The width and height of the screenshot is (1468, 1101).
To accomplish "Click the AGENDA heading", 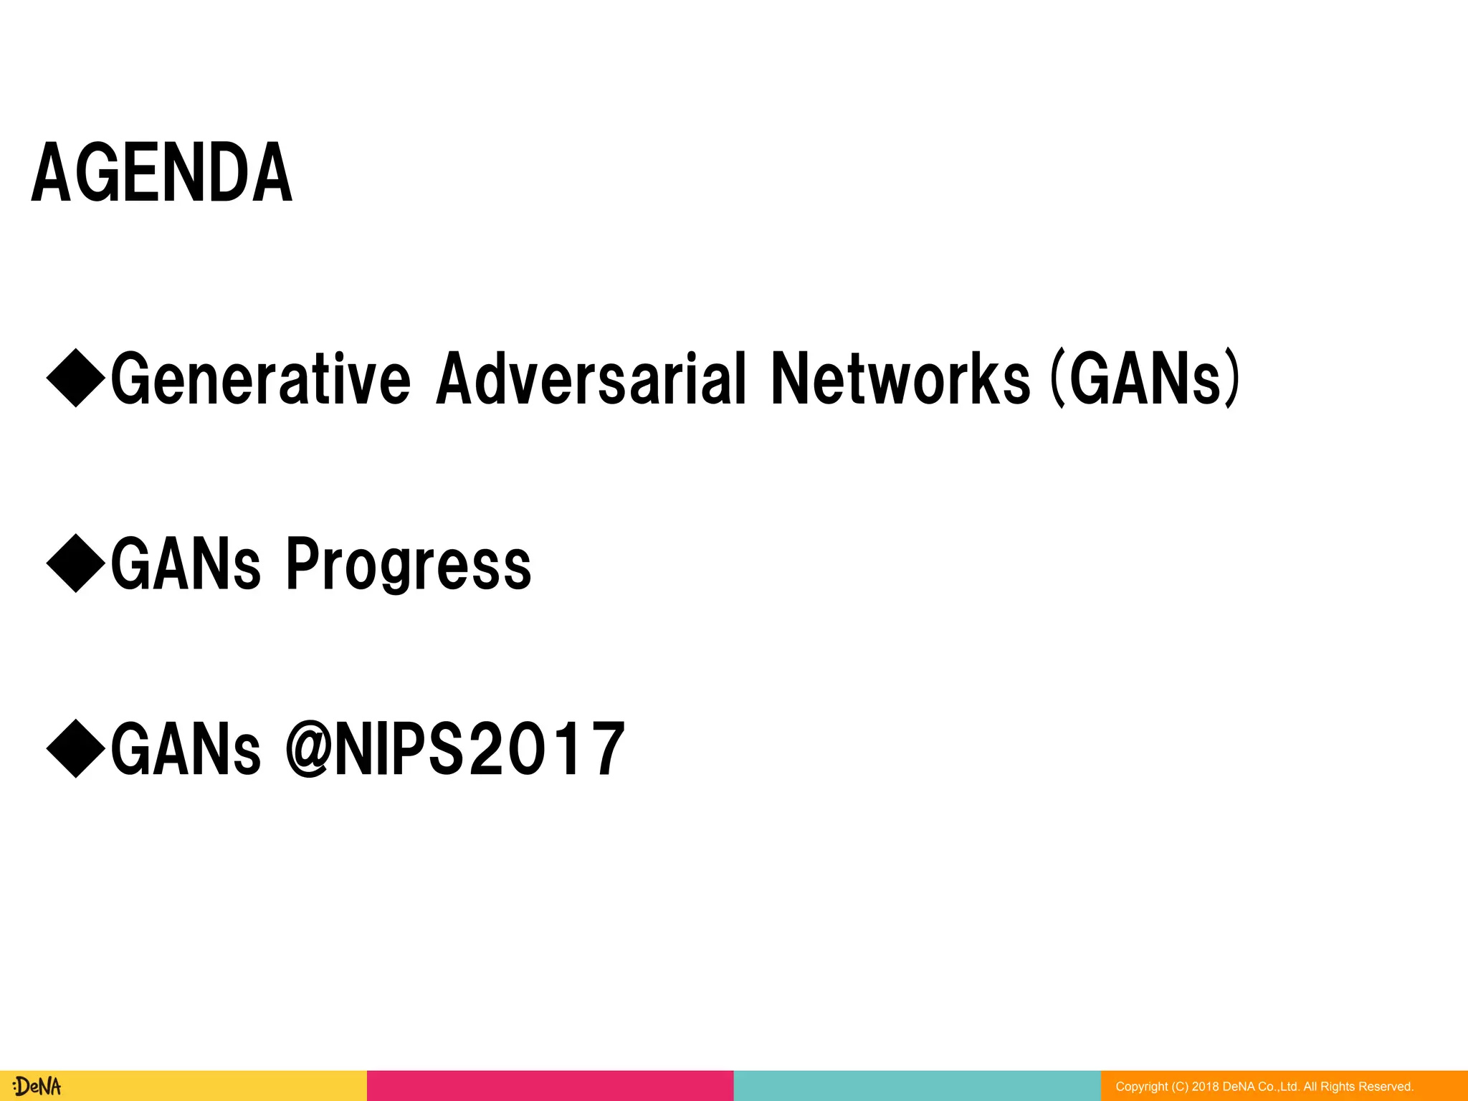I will click(x=162, y=173).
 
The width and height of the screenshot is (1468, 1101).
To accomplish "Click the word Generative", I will click(x=261, y=378).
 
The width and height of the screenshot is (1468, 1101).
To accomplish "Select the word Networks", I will click(x=900, y=378).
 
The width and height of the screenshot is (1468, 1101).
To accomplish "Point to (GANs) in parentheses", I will click(x=1145, y=378).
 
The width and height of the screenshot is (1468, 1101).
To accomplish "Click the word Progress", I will click(x=409, y=565).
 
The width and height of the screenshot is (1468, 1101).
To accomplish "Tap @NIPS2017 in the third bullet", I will click(x=456, y=750).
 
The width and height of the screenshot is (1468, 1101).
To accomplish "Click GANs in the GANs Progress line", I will click(x=186, y=565).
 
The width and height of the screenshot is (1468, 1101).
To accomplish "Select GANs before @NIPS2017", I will click(x=186, y=750).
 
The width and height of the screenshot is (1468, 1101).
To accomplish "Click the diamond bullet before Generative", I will click(x=76, y=378).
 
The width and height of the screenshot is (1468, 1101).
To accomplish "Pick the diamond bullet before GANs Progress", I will click(x=76, y=563).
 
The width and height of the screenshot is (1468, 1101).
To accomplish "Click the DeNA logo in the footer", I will click(x=37, y=1086).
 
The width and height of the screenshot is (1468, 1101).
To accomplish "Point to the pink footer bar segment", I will click(x=550, y=1086).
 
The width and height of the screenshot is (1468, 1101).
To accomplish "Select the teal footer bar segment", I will click(x=917, y=1086).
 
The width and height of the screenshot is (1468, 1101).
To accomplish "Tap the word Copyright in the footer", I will click(x=1142, y=1087).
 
